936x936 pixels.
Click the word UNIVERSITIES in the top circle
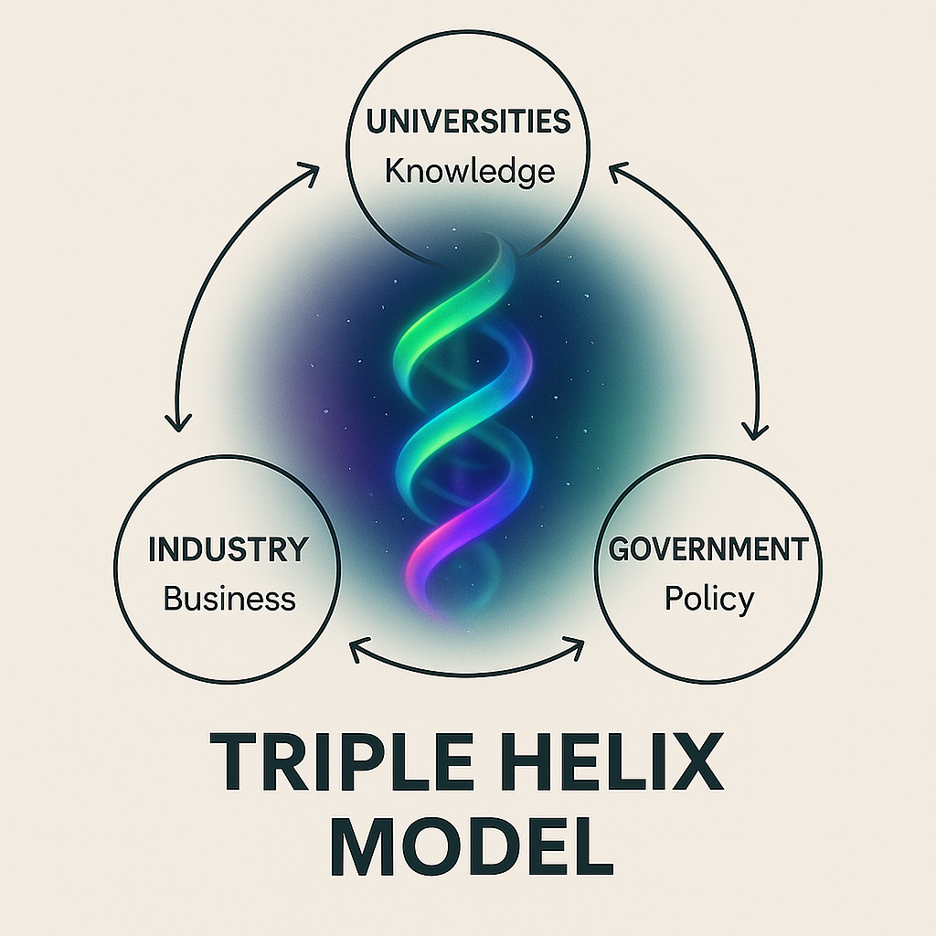tap(467, 122)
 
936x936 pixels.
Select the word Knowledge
tap(469, 171)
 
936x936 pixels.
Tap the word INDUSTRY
tap(228, 550)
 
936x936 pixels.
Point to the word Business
tap(229, 600)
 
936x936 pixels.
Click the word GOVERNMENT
tap(708, 550)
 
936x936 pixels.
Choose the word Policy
tap(708, 600)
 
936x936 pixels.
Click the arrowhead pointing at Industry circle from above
tap(176, 420)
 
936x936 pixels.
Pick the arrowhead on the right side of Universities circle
tap(618, 170)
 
